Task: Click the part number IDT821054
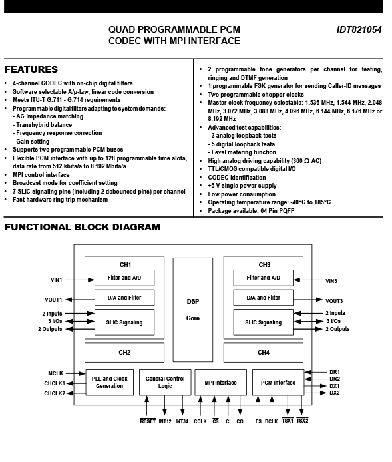(359, 29)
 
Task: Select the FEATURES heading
(31, 69)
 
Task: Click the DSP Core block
(193, 310)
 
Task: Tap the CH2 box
(124, 352)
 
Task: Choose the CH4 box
(264, 352)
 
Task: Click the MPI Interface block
(220, 382)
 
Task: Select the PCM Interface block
(278, 382)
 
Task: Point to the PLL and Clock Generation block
(110, 382)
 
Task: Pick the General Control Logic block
(165, 382)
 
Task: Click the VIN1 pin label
(57, 280)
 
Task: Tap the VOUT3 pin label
(334, 301)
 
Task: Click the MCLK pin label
(56, 373)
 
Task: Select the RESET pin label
(148, 421)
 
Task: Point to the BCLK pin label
(272, 421)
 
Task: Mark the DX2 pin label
(335, 393)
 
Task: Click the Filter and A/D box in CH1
(124, 278)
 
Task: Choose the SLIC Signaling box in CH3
(264, 322)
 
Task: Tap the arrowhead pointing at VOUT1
(69, 300)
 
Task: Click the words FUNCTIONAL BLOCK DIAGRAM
(83, 227)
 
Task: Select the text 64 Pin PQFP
(277, 210)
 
